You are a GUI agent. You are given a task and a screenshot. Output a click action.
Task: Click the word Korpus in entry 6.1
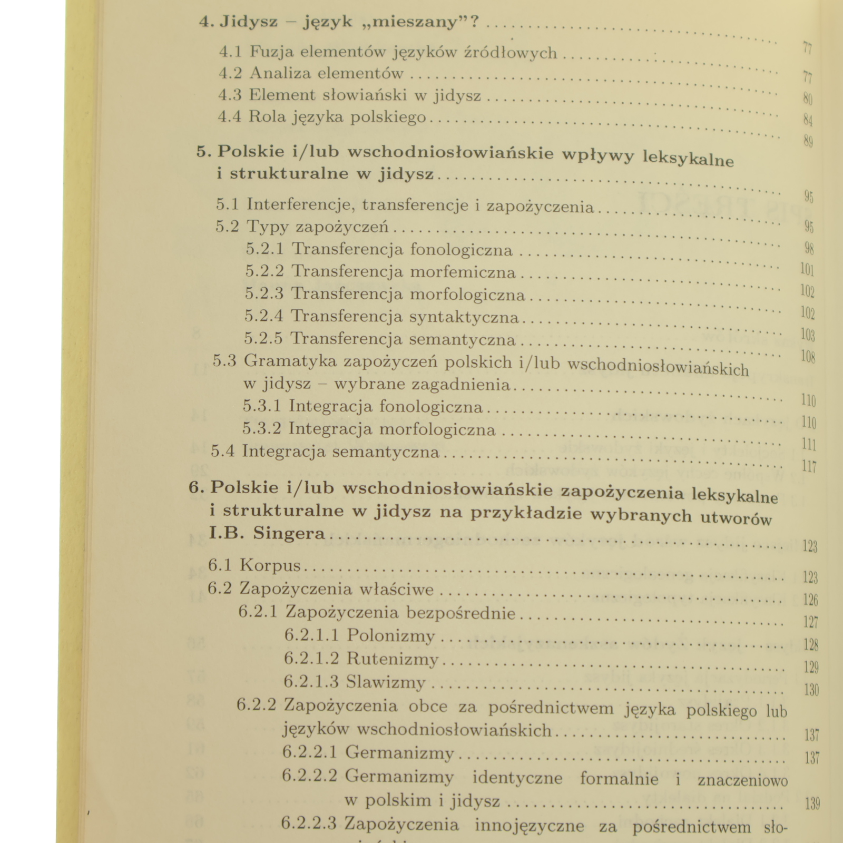pos(270,565)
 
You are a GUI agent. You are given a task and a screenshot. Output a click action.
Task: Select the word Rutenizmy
pos(393,659)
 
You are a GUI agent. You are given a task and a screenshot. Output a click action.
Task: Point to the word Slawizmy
pos(386,682)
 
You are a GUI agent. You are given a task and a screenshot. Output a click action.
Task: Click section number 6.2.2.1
pos(309,752)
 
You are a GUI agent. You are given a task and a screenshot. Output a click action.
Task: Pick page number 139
pos(812,804)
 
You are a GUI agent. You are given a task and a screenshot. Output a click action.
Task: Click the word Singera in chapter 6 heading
pos(289,533)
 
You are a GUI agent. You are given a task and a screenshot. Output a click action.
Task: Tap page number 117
pos(809,466)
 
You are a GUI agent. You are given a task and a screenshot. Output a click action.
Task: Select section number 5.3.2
pos(261,429)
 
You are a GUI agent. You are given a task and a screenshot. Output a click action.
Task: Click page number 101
pos(807,270)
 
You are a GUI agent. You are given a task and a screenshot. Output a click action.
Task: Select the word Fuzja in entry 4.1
pos(269,52)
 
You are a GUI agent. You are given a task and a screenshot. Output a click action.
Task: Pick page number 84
pos(808,121)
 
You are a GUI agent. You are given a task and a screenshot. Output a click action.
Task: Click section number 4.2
pos(230,73)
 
